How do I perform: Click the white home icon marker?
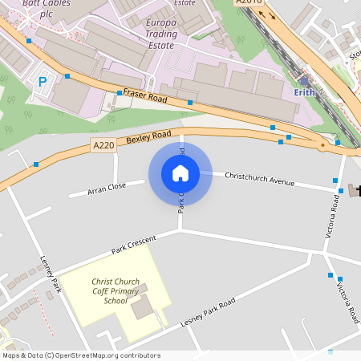click(x=180, y=173)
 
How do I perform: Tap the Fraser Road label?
click(x=144, y=95)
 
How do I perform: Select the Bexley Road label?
click(x=149, y=138)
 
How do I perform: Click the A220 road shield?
click(x=103, y=145)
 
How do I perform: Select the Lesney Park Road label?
click(x=208, y=311)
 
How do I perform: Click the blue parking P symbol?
click(x=43, y=81)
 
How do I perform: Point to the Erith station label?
click(x=305, y=92)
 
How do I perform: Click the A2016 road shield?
click(x=249, y=2)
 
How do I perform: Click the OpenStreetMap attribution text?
click(x=81, y=355)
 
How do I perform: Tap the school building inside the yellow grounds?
click(x=143, y=306)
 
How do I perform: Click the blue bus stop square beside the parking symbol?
click(x=67, y=76)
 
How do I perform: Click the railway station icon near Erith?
click(x=305, y=81)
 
